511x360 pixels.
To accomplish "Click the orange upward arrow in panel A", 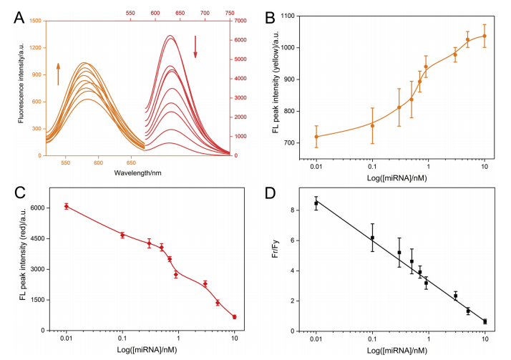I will [59, 74].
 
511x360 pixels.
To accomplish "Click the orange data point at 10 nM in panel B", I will [485, 36].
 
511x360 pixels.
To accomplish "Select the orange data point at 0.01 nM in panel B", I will [316, 137].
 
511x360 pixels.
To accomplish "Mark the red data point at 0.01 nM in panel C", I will [67, 206].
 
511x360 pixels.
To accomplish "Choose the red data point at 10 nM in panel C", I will [234, 316].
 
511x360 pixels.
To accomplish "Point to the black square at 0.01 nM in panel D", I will [316, 203].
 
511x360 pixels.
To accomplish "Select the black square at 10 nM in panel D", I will [485, 321].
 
